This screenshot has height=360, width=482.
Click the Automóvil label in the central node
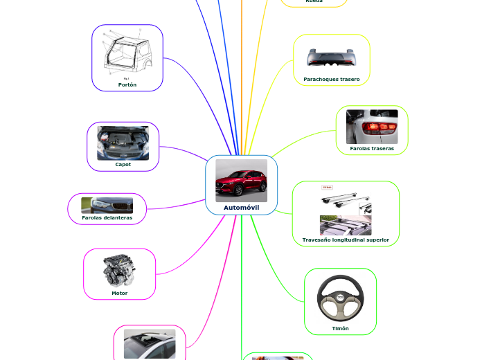coord(241,207)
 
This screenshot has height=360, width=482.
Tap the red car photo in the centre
coord(241,180)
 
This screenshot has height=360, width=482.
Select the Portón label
coord(127,84)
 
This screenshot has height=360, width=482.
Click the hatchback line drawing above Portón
coord(127,53)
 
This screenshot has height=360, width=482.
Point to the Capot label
coord(123,164)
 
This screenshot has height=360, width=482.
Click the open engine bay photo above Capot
coord(123,143)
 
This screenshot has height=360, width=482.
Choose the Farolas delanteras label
coord(107,218)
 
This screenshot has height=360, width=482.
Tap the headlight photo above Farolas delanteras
coord(107,205)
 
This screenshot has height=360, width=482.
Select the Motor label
coord(119,293)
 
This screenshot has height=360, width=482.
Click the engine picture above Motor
coord(119,270)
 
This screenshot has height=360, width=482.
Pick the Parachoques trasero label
coord(331,80)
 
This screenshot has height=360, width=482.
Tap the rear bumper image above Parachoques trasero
coord(331,58)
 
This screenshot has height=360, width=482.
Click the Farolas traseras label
coord(371,148)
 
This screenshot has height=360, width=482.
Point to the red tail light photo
coord(372,126)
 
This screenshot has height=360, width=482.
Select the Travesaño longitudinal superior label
coord(346,240)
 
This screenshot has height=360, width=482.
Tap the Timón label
coord(340,328)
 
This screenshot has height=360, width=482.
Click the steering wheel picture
coord(340,297)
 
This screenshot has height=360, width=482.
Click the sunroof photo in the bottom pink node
coord(150,343)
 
